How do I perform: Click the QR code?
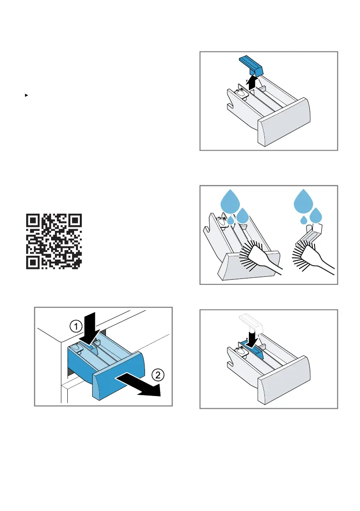[x=54, y=242]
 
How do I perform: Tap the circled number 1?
[x=76, y=326]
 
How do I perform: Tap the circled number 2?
[x=158, y=375]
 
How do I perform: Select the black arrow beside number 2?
[x=139, y=385]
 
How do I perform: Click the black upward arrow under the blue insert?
[x=252, y=82]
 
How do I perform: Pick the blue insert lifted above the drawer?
[x=251, y=65]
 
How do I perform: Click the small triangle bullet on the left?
[x=27, y=95]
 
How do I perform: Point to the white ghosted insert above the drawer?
[x=251, y=323]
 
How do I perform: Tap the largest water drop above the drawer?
[x=230, y=200]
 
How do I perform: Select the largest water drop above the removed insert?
[x=303, y=200]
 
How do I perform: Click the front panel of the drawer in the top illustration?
[x=284, y=122]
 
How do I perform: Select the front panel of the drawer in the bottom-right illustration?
[x=284, y=380]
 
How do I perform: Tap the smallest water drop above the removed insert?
[x=304, y=220]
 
